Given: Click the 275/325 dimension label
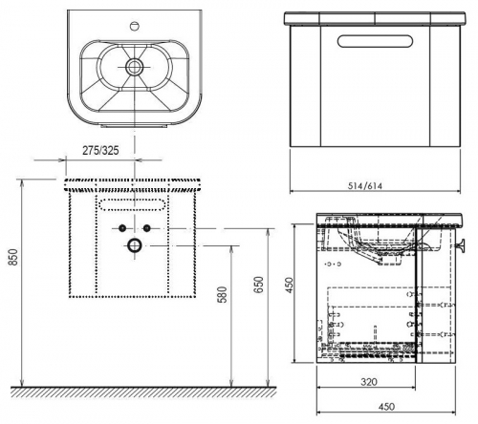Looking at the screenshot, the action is pos(100,150).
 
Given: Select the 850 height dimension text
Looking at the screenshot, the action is pos(12,257).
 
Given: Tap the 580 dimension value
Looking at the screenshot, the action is pos(223,294).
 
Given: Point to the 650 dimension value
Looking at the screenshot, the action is pos(259,285).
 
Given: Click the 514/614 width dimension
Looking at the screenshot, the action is pos(364,185).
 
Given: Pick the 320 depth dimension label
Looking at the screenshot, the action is pos(369,382).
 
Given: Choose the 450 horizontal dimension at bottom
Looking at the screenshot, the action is pos(386,407).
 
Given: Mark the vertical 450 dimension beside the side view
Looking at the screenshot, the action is pos(289,286).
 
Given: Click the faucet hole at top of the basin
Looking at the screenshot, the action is pos(136,26).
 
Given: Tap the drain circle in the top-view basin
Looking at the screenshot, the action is pos(134,67).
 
